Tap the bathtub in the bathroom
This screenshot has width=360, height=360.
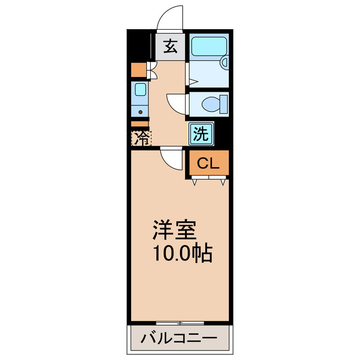(x=208, y=46)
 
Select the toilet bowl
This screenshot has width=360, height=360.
(x=210, y=103)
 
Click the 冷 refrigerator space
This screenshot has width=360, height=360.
(x=141, y=138)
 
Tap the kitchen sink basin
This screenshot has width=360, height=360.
(x=139, y=89)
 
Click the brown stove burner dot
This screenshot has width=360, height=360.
(x=140, y=110)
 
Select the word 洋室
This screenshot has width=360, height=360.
(x=175, y=231)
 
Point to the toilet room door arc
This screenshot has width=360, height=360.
(x=177, y=104)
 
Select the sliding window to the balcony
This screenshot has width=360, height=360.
(x=180, y=323)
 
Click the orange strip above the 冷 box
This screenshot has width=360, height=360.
(x=139, y=124)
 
